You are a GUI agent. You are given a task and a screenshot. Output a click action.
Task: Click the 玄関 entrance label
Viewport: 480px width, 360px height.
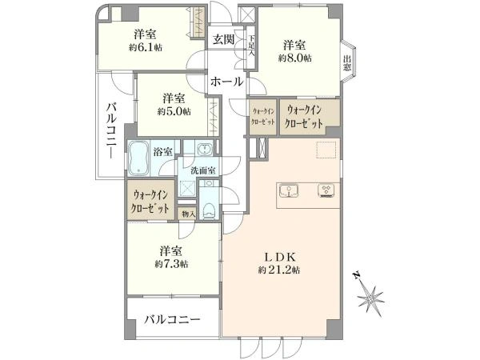[224, 39]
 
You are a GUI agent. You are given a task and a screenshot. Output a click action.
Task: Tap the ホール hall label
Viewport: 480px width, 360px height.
[227, 82]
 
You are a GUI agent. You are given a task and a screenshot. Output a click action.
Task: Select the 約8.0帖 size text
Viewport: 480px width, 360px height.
[294, 58]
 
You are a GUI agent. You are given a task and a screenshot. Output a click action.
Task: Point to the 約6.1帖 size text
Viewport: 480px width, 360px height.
[146, 47]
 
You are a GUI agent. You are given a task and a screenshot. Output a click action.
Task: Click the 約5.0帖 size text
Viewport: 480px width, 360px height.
[174, 111]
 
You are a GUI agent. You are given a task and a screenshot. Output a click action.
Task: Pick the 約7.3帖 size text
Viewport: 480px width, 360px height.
[171, 264]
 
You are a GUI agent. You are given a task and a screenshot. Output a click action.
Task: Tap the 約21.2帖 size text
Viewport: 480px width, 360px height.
[279, 270]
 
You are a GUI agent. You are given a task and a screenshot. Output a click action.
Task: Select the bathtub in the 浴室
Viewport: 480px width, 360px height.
[138, 158]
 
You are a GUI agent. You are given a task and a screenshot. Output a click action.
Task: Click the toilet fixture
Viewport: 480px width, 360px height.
[210, 211]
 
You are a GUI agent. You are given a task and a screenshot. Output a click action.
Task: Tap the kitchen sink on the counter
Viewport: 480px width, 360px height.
[289, 191]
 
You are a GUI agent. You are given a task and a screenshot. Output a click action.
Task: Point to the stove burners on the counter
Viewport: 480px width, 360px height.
[327, 190]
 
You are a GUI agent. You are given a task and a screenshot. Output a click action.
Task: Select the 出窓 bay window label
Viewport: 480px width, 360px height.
[347, 63]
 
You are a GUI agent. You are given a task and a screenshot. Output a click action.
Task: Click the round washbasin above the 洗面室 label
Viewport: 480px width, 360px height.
[203, 149]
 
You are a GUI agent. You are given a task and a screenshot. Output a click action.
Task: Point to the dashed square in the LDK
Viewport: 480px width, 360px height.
[327, 150]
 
